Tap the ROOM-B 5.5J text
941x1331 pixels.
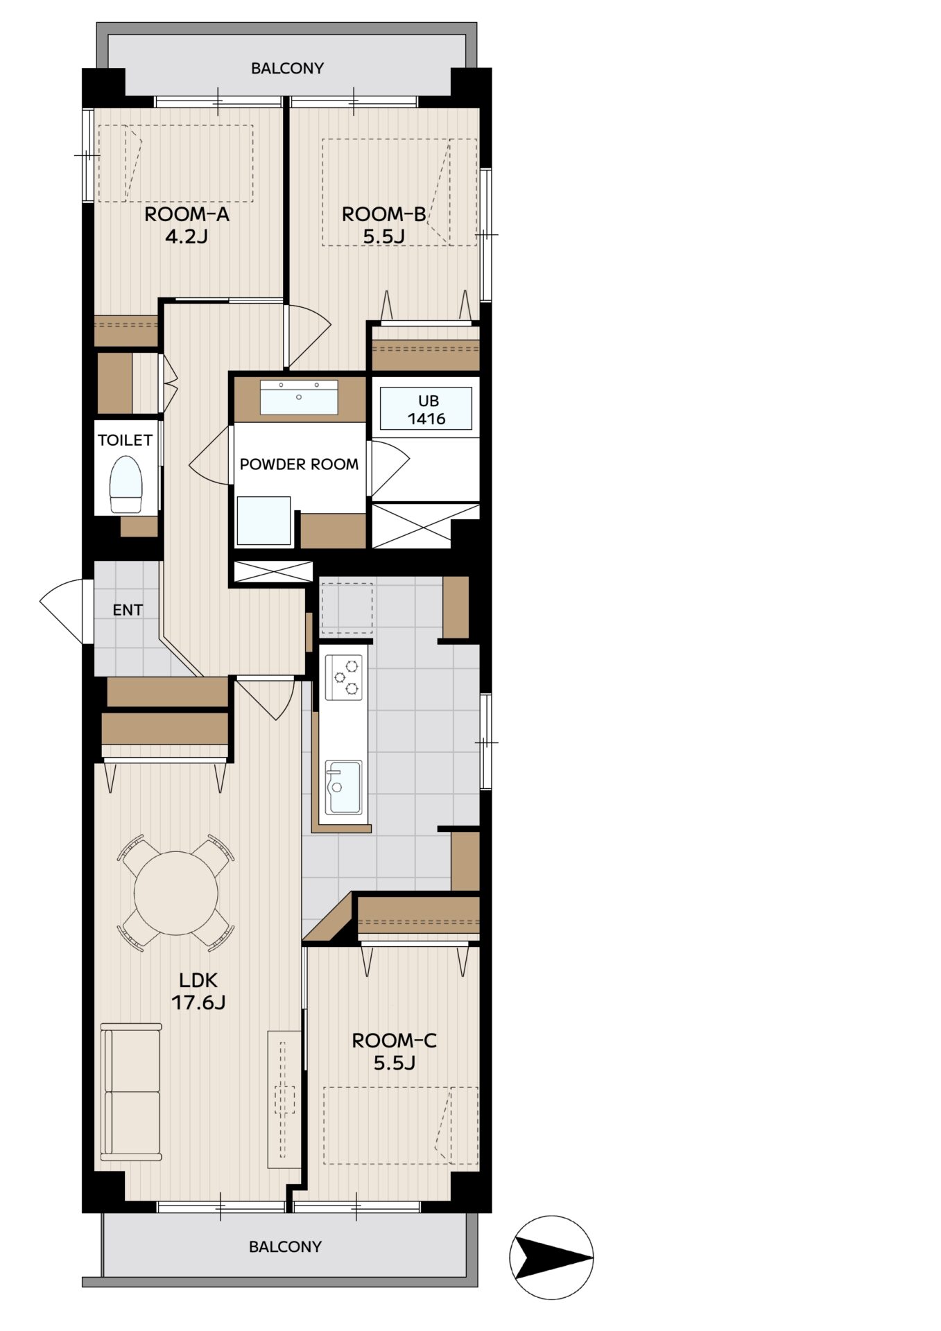coord(383,225)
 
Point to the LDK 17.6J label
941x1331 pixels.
coord(198,991)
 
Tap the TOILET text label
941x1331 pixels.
coord(125,440)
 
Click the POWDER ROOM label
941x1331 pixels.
coord(299,464)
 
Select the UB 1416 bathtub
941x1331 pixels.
coord(426,409)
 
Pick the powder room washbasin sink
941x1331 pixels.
coord(299,397)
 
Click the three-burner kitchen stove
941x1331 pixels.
coord(345,677)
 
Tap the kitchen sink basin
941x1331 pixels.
coord(344,787)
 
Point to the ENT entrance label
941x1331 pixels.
coord(128,610)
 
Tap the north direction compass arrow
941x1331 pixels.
coord(551,1257)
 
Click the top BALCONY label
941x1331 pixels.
coord(287,69)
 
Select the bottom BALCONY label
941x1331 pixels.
coord(285,1246)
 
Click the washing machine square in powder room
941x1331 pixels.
coord(264,521)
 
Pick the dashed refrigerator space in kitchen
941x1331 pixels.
coord(347,608)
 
